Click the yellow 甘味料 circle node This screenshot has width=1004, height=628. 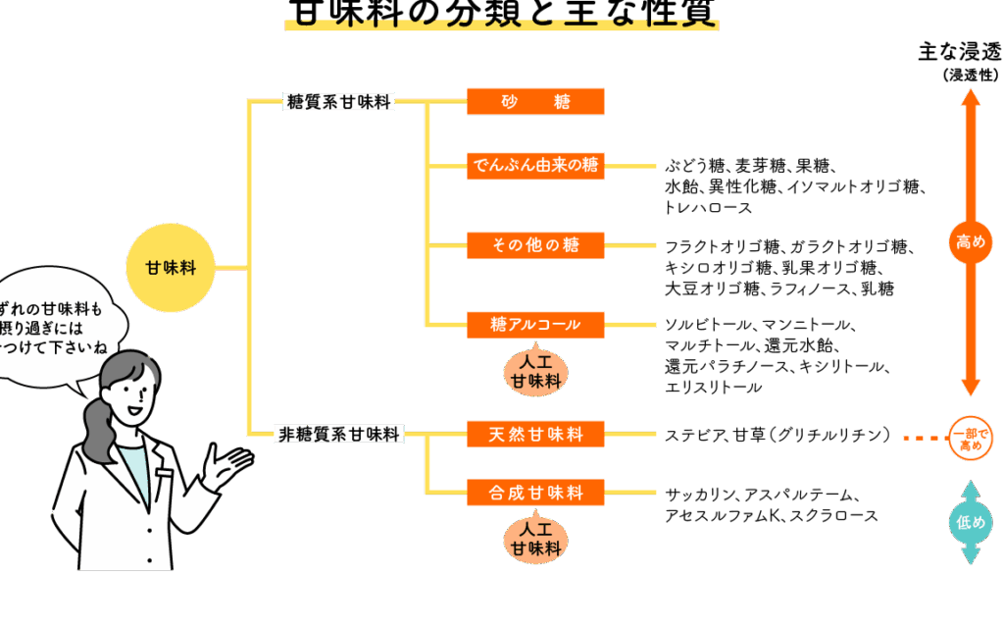pos(171,267)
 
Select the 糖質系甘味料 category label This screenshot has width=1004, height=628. pos(338,101)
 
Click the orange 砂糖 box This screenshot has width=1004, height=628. pos(535,101)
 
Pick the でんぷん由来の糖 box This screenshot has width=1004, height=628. pos(535,166)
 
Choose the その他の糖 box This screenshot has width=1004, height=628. pos(535,245)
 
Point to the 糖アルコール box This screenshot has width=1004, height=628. pos(535,325)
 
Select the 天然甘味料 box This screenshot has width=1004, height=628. pos(535,434)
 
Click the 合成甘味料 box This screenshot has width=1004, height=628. pos(535,493)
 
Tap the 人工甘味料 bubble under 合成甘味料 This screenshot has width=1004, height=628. pos(535,540)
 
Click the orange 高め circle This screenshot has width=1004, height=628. pos(971,241)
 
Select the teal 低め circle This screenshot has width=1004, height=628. pos(971,522)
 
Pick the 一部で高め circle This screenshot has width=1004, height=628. pos(971,439)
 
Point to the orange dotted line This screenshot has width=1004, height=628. pos(925,439)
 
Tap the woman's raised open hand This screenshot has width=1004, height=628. pos(226,465)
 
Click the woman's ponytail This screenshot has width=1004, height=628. pos(98,432)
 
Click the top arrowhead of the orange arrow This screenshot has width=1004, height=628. pos(971,97)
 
